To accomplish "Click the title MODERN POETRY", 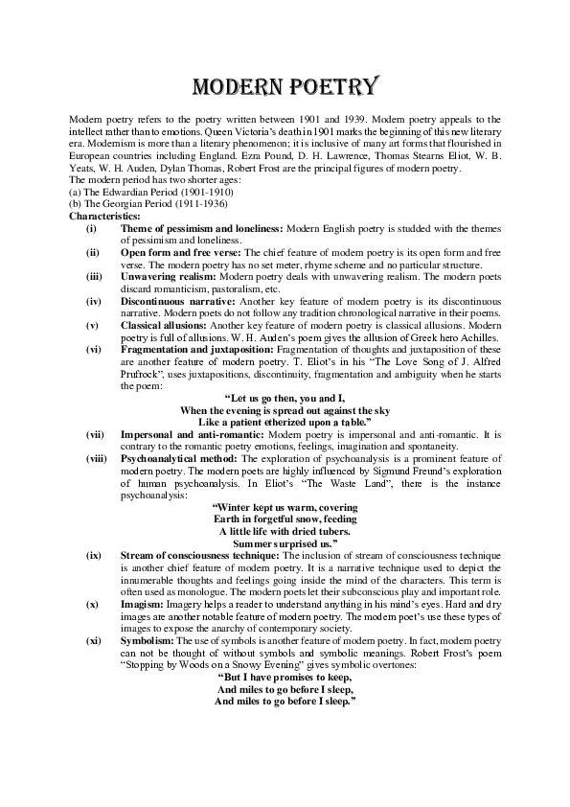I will [x=285, y=87].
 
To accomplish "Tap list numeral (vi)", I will [x=91, y=350].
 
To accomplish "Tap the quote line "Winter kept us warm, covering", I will [x=285, y=506].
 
